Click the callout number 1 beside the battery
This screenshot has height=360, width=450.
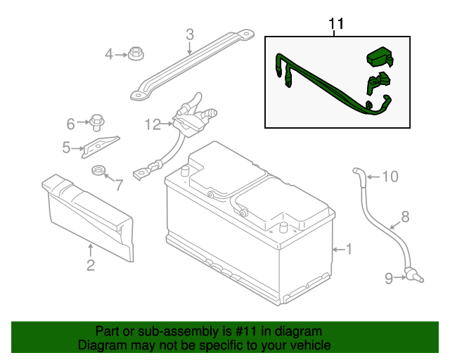(x=349, y=249)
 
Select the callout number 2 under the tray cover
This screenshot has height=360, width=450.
(x=91, y=265)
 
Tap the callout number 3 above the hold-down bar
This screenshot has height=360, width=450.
(x=189, y=34)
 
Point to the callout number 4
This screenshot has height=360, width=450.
(x=109, y=54)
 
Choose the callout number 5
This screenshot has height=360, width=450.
(x=67, y=148)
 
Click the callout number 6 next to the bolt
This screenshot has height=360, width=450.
(x=70, y=124)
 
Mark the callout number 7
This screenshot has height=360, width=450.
(x=119, y=186)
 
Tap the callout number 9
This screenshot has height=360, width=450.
(x=388, y=279)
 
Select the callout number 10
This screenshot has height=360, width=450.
(x=390, y=176)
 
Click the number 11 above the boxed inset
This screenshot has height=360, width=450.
(x=337, y=24)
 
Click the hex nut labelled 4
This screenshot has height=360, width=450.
(x=134, y=53)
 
